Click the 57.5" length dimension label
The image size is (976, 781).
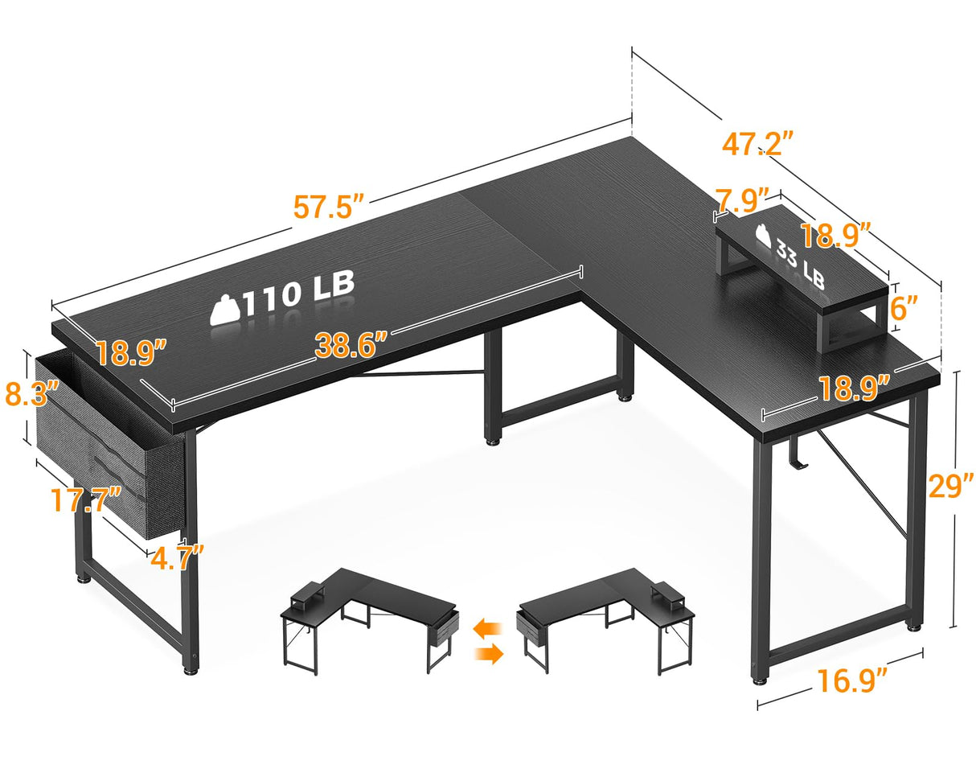(329, 206)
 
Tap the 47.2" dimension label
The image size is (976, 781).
(757, 143)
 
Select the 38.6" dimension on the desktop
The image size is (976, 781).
(351, 345)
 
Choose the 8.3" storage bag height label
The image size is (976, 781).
(31, 393)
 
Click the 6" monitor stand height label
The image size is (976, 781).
(904, 307)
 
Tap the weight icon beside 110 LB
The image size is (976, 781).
(225, 310)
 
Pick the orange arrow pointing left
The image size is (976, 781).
(488, 626)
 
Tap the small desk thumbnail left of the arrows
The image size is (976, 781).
(371, 619)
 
